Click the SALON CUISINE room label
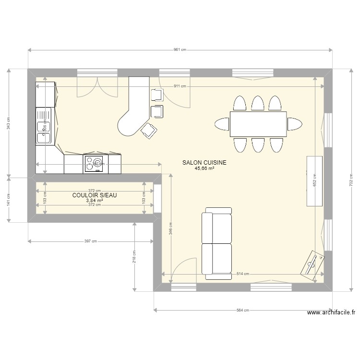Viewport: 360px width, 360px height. click(x=204, y=163)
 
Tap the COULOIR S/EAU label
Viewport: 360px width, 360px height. click(x=95, y=195)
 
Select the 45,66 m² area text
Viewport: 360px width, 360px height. click(x=204, y=169)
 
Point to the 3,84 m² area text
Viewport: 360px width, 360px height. click(x=95, y=201)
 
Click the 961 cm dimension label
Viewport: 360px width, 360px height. click(x=180, y=50)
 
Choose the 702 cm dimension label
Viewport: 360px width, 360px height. click(x=351, y=180)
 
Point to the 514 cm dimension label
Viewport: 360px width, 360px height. click(x=243, y=274)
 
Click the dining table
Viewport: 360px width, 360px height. click(x=258, y=124)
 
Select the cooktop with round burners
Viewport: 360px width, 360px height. click(x=94, y=164)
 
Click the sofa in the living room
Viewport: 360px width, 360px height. click(x=216, y=244)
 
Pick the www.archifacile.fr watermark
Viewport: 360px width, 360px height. click(x=331, y=312)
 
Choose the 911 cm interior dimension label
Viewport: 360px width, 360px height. click(x=180, y=86)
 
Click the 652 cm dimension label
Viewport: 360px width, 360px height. click(x=314, y=180)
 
